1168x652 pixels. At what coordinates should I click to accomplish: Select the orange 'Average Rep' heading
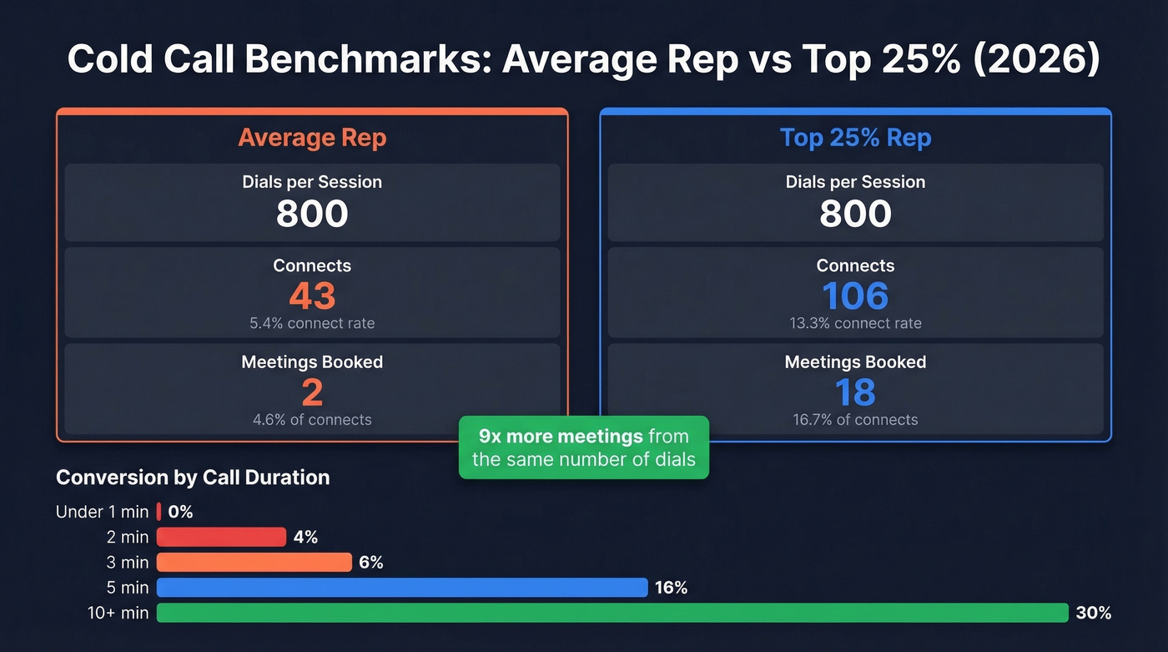click(312, 137)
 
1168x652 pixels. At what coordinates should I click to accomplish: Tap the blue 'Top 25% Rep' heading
click(855, 137)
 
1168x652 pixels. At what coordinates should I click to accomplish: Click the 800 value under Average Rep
click(312, 214)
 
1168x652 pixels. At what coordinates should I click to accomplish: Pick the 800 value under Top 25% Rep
click(855, 214)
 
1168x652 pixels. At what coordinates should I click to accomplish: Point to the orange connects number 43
click(312, 296)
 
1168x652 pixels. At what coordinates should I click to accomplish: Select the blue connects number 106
click(855, 296)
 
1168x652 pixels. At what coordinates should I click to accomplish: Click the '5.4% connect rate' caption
click(312, 323)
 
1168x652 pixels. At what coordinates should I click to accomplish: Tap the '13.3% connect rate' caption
click(855, 323)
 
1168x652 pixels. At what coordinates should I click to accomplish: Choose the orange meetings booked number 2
click(312, 392)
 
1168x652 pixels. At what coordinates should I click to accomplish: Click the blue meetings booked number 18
click(855, 392)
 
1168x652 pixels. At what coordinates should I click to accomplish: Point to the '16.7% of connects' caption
click(855, 420)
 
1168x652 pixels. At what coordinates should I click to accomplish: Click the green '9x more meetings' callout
click(583, 447)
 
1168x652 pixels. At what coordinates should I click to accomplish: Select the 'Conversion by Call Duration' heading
click(193, 478)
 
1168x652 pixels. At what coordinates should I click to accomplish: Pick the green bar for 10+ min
click(612, 613)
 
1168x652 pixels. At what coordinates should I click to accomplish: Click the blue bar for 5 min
click(401, 588)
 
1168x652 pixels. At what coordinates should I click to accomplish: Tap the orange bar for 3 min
click(254, 563)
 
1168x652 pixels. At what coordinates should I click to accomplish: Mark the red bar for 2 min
click(221, 537)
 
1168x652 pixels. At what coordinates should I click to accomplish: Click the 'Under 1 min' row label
click(102, 512)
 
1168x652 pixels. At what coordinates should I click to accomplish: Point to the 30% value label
click(1093, 613)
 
